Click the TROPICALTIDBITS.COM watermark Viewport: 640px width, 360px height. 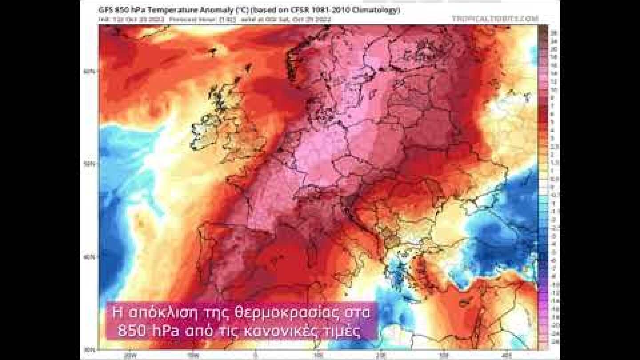point(495,19)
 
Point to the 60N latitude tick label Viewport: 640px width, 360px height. point(90,71)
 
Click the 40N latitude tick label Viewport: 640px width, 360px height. point(90,257)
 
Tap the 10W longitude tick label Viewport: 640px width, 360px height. point(192,355)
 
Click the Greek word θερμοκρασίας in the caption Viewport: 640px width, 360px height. point(286,314)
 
